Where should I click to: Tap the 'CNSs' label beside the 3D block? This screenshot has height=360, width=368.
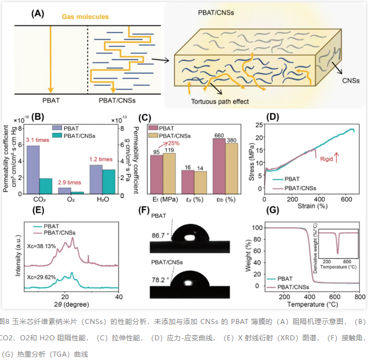point(351,80)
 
